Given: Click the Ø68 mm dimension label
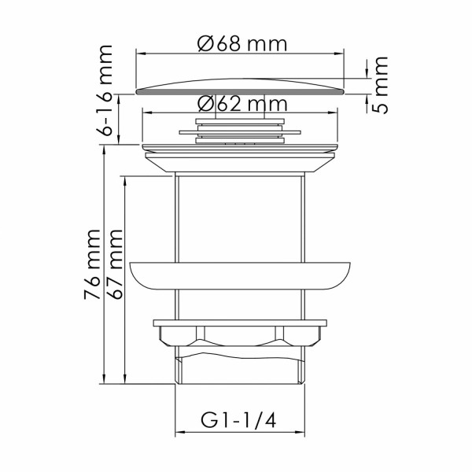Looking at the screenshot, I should click(242, 43).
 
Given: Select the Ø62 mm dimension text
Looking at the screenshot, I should click(242, 102).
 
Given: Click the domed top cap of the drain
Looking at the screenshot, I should click(241, 86).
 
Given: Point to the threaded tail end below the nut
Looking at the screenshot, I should click(241, 370).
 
